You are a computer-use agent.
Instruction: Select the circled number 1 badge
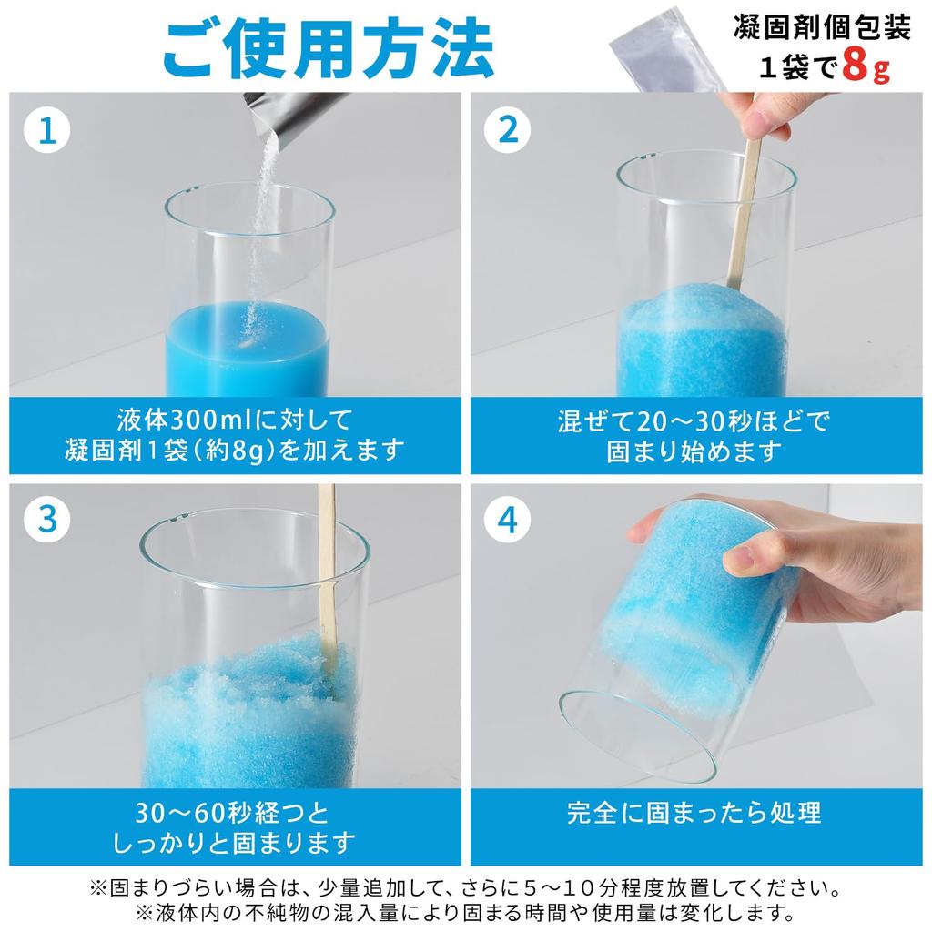47,131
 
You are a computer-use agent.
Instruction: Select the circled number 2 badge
508,131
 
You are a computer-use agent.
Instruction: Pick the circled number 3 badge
47,521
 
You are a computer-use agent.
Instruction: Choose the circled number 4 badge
508,521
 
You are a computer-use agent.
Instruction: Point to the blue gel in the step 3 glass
237,719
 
